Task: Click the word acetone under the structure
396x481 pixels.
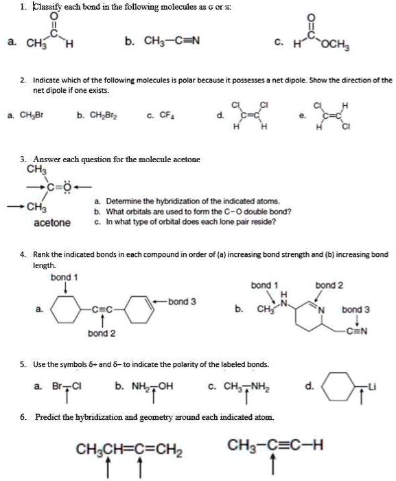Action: point(52,223)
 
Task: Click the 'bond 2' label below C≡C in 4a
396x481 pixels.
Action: point(101,333)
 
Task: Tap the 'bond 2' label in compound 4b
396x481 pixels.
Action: point(329,284)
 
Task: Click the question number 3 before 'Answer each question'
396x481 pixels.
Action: point(23,159)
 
